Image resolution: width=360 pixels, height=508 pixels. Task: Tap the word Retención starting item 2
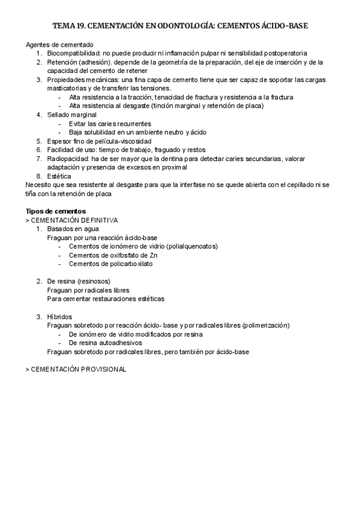pos(62,62)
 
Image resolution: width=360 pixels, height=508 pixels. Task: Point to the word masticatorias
pos(67,88)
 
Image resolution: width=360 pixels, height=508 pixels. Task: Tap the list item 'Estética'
pos(59,176)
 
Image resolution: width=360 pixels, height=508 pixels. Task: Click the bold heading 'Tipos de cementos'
pos(56,211)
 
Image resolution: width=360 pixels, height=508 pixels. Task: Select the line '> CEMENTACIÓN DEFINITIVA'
pos(72,220)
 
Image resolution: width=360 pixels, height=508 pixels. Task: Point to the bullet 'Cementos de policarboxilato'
pos(110,264)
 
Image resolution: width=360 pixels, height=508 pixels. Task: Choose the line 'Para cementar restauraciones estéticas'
pos(106,298)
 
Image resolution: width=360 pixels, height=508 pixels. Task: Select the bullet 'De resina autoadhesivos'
pos(106,343)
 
